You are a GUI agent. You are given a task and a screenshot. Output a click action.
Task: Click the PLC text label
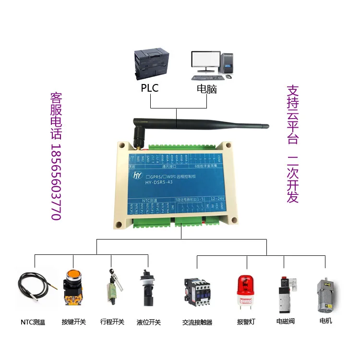[149, 88]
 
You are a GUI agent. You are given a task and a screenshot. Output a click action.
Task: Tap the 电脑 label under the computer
[207, 89]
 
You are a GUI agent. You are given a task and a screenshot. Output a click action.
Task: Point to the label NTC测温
[33, 322]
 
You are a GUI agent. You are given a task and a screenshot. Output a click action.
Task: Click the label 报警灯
[247, 322]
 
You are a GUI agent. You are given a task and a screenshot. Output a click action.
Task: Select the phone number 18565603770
[56, 182]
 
